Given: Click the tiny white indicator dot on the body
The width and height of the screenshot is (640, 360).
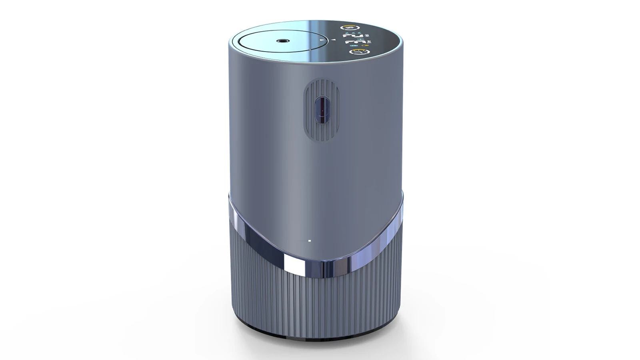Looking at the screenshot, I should tap(310, 241).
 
